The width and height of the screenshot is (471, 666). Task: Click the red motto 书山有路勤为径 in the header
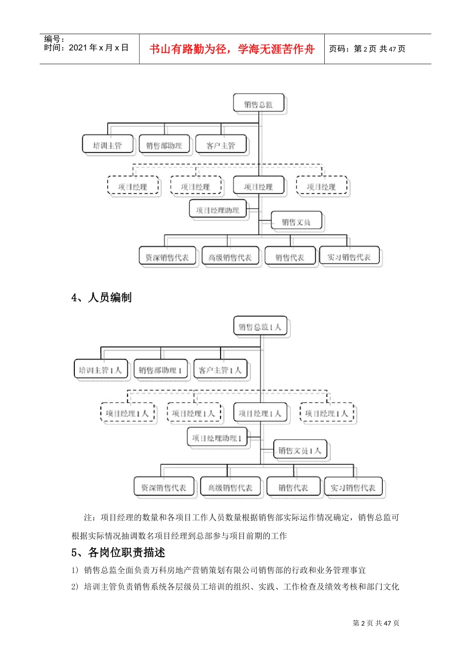(x=232, y=49)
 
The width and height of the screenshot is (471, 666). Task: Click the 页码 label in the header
(x=339, y=49)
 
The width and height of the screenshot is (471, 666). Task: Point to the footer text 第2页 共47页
(x=376, y=623)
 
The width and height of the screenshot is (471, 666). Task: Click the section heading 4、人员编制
(x=102, y=297)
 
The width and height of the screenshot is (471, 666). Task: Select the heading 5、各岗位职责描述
(x=118, y=553)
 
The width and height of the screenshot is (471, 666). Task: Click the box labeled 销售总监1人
(x=260, y=327)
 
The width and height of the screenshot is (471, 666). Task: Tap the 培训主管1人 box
(x=101, y=370)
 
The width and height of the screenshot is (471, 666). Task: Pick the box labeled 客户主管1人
(x=220, y=370)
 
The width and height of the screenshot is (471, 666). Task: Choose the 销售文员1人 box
(x=300, y=450)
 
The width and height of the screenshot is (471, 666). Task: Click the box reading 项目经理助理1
(x=217, y=438)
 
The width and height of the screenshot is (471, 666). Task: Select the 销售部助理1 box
(x=161, y=370)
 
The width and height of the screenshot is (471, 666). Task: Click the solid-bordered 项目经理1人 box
(x=260, y=413)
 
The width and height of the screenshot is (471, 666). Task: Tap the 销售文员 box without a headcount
(x=296, y=222)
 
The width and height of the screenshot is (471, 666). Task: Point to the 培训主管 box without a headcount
(x=108, y=145)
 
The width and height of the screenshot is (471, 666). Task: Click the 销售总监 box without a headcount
(x=259, y=105)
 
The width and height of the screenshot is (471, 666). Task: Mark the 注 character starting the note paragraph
(x=88, y=518)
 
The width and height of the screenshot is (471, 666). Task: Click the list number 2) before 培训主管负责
(x=75, y=587)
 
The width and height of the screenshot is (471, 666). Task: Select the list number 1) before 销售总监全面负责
(x=75, y=570)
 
